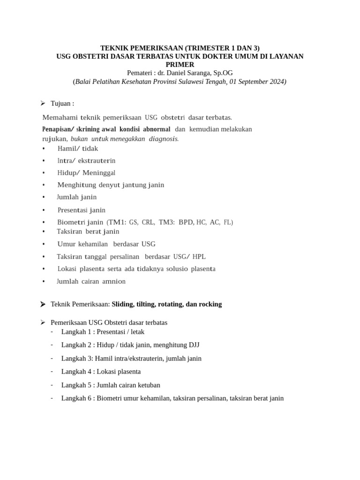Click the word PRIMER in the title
[x=180, y=64]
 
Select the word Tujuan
[x=62, y=103]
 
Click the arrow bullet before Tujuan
[x=43, y=103]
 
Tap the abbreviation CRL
[x=148, y=222]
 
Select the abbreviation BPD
[x=186, y=222]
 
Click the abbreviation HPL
[x=199, y=256]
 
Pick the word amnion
[x=114, y=281]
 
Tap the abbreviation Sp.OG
[x=223, y=73]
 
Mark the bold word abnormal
[x=157, y=129]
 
